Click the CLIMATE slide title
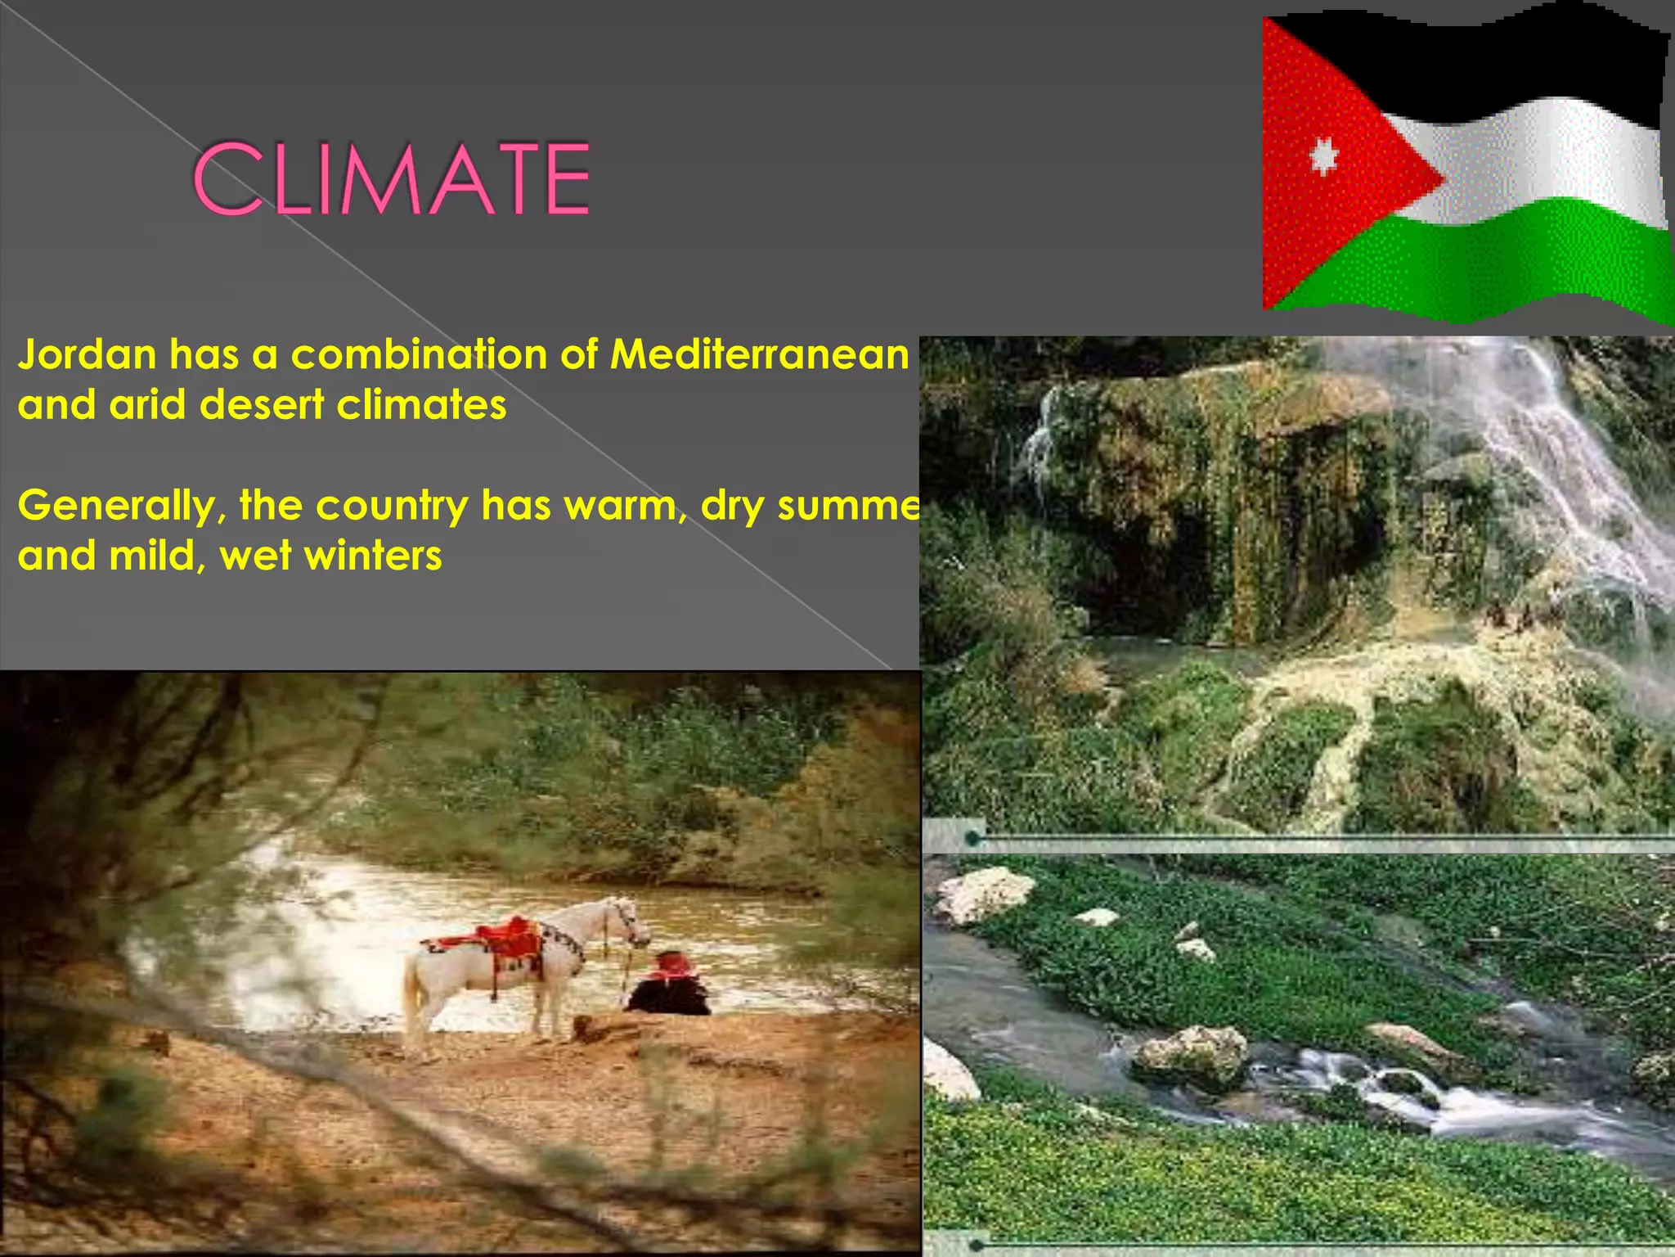click(391, 178)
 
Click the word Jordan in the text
click(88, 355)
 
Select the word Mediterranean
click(760, 355)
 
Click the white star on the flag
click(1323, 155)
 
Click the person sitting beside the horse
click(669, 986)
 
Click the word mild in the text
click(152, 556)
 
